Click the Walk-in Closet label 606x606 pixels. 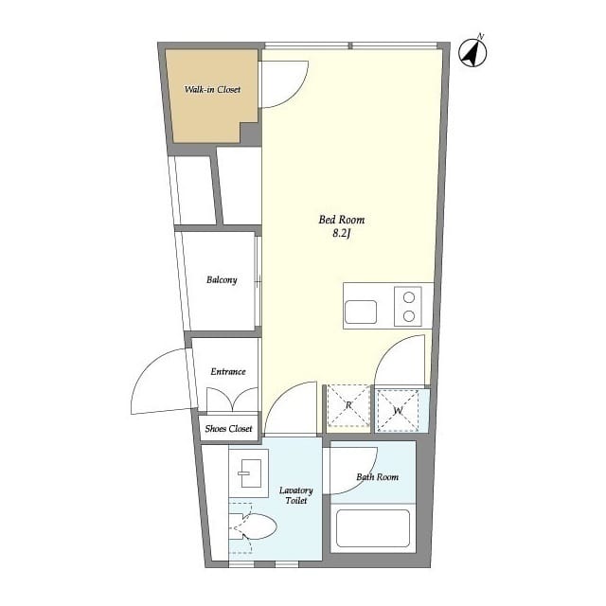pos(212,89)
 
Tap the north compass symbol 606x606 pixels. pos(472,53)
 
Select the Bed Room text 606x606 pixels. pos(342,220)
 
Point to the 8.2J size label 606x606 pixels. pos(342,234)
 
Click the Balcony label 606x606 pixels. pos(222,280)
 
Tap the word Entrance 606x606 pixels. pos(228,371)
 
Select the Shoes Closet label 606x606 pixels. pos(228,428)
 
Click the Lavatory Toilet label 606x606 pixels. pos(296,495)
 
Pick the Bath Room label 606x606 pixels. pos(377,477)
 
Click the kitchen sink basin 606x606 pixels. pos(361,312)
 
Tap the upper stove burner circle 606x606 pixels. pos(409,297)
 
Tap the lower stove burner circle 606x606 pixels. pos(409,316)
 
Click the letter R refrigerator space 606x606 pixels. pos(348,405)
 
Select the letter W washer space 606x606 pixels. pos(398,410)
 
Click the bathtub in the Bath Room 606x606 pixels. pos(373,528)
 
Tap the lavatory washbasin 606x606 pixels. pos(248,473)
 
